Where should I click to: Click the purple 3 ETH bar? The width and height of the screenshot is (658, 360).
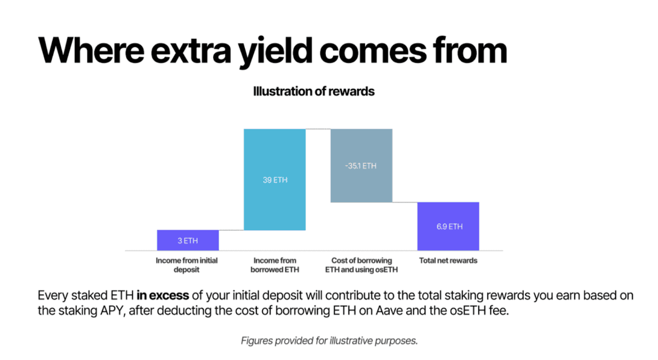pyautogui.click(x=188, y=240)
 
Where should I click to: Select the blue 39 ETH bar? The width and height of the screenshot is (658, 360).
pyautogui.click(x=275, y=180)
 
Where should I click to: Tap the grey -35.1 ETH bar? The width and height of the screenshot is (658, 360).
pyautogui.click(x=361, y=166)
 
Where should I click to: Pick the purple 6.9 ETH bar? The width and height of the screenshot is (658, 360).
pyautogui.click(x=448, y=227)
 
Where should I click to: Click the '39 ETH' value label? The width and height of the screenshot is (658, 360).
pyautogui.click(x=275, y=180)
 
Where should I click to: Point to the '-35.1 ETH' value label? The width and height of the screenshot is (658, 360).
pyautogui.click(x=361, y=166)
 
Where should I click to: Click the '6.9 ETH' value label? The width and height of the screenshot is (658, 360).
pyautogui.click(x=450, y=227)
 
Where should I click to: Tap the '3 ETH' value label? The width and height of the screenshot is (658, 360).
pyautogui.click(x=188, y=241)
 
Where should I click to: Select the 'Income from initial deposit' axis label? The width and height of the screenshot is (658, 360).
pyautogui.click(x=187, y=265)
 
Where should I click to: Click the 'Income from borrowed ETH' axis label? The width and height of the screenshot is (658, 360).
pyautogui.click(x=275, y=265)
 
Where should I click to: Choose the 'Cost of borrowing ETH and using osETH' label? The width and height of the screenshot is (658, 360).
pyautogui.click(x=361, y=265)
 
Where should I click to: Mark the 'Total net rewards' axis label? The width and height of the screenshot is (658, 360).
pyautogui.click(x=448, y=261)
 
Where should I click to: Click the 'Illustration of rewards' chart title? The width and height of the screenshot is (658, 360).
pyautogui.click(x=314, y=91)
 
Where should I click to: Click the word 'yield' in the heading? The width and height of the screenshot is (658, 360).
pyautogui.click(x=275, y=52)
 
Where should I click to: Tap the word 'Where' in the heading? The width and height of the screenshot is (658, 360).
pyautogui.click(x=91, y=51)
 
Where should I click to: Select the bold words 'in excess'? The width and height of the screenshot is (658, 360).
pyautogui.click(x=163, y=295)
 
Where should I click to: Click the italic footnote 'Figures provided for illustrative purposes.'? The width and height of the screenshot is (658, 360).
pyautogui.click(x=330, y=341)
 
